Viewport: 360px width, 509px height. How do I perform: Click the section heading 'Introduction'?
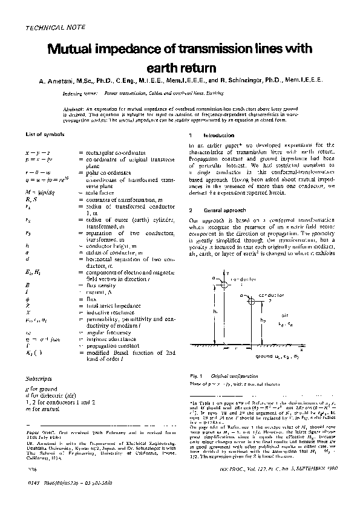(214, 135)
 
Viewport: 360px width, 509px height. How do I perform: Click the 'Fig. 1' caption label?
(196, 375)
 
